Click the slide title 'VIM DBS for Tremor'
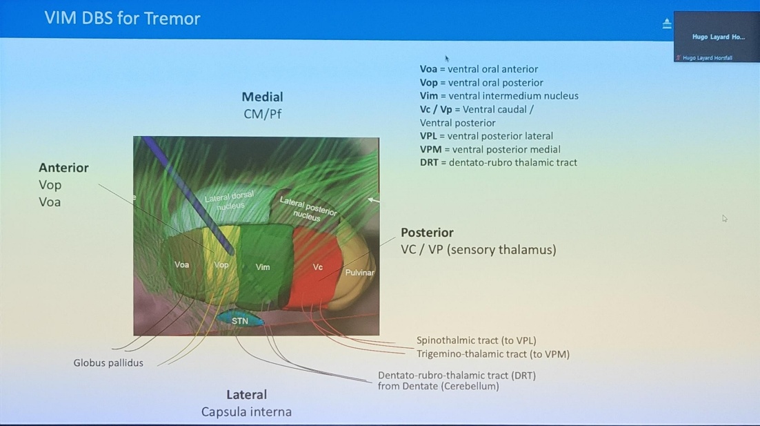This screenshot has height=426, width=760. pos(122,18)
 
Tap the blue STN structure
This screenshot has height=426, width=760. pos(240,321)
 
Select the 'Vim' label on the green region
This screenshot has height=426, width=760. pos(263,267)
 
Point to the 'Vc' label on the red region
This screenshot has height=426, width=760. pos(318,267)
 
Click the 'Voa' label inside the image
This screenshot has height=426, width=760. pos(181,264)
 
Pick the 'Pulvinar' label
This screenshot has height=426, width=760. pos(359,273)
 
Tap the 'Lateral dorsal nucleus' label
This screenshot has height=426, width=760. pos(230,201)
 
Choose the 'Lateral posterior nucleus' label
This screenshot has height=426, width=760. pos(308,208)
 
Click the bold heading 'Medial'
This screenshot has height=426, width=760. pos(262,97)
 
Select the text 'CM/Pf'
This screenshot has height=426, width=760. pos(262,114)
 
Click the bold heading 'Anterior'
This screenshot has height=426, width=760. pos(63,168)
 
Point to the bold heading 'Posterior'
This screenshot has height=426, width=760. pos(427,233)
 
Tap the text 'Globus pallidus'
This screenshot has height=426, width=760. pos(108,362)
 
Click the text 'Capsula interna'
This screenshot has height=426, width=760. pos(246,412)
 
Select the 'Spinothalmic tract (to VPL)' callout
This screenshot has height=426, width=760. pos(476,340)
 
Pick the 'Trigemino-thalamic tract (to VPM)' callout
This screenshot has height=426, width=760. pos(492,354)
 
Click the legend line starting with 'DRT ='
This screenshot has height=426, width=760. pos(498,163)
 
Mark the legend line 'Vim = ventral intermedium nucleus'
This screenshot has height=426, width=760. pos(499,96)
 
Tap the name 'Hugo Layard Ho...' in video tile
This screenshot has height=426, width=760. pos(718,37)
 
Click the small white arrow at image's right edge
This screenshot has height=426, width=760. pos(373,200)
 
